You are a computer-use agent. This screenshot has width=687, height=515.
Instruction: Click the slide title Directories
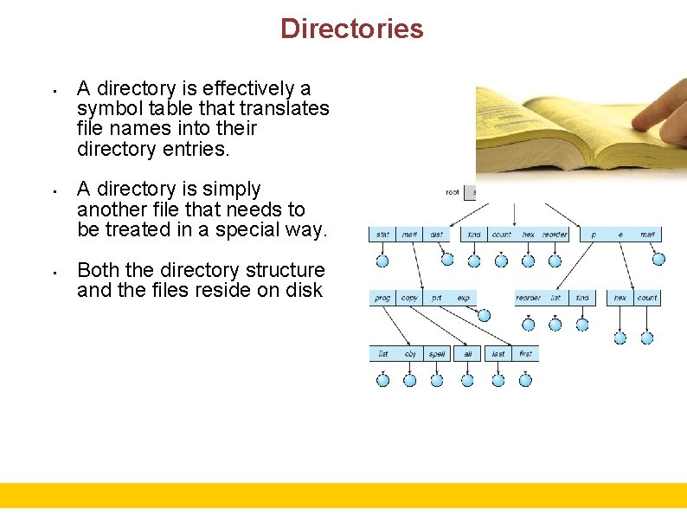click(351, 29)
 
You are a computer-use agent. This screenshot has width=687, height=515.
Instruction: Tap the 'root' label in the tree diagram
click(452, 192)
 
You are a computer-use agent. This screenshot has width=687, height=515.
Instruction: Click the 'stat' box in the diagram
click(382, 235)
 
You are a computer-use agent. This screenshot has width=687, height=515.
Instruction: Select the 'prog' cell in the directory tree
click(382, 298)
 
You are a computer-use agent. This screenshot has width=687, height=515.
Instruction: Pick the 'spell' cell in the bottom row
click(437, 354)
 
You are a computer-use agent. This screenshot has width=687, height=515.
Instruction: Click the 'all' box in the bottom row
click(467, 354)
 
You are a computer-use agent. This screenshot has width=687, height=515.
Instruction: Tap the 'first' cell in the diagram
click(525, 354)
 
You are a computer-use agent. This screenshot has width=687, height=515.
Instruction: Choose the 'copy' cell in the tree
click(409, 298)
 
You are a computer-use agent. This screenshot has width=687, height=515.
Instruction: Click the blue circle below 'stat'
click(382, 260)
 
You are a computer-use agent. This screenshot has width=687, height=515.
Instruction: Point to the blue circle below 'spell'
click(437, 380)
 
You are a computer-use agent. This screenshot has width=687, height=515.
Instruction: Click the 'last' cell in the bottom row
click(498, 354)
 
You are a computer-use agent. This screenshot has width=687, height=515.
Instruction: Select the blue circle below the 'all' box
click(467, 380)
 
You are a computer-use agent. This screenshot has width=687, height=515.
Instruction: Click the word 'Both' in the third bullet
click(99, 270)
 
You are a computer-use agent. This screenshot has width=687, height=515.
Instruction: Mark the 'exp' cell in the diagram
click(464, 298)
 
